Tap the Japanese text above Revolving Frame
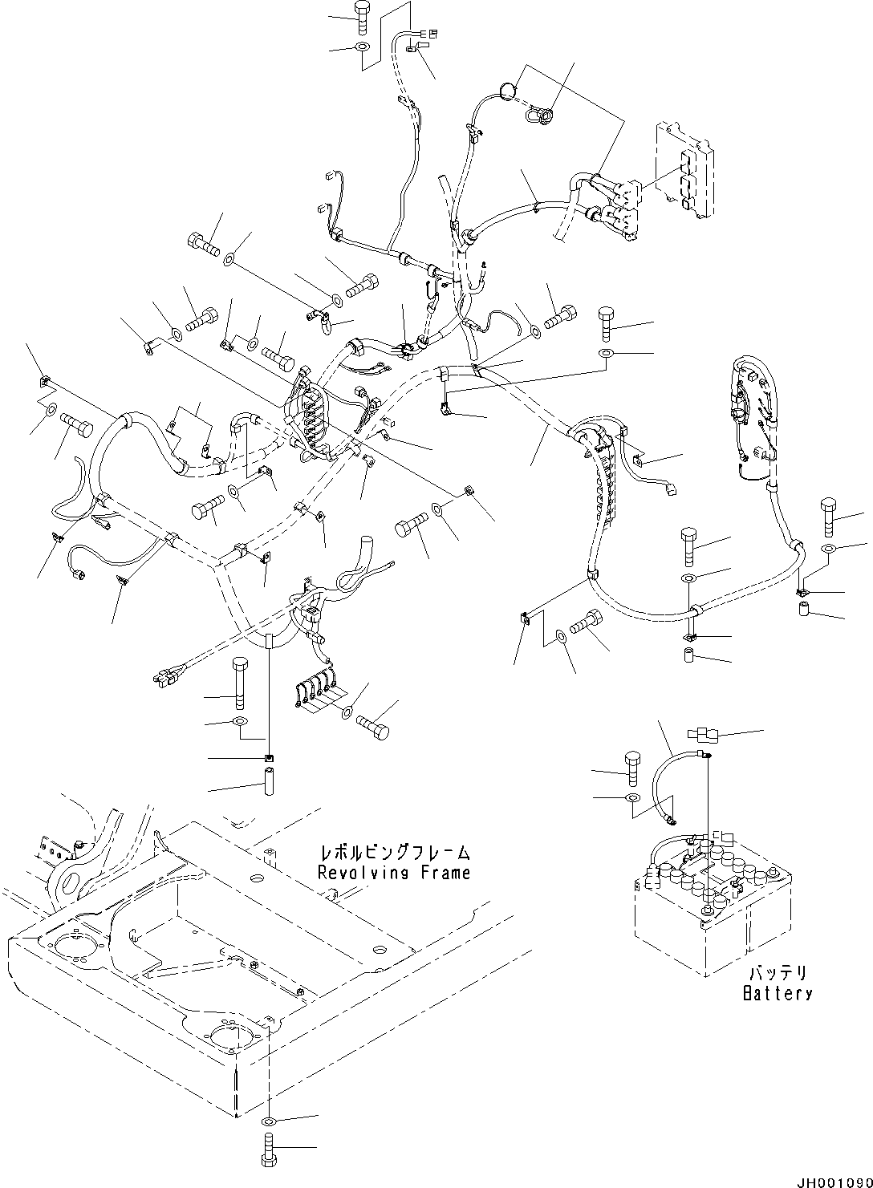(x=394, y=853)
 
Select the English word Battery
(x=777, y=994)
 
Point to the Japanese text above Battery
(x=778, y=974)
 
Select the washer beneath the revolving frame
(x=269, y=1121)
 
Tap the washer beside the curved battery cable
(x=631, y=798)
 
